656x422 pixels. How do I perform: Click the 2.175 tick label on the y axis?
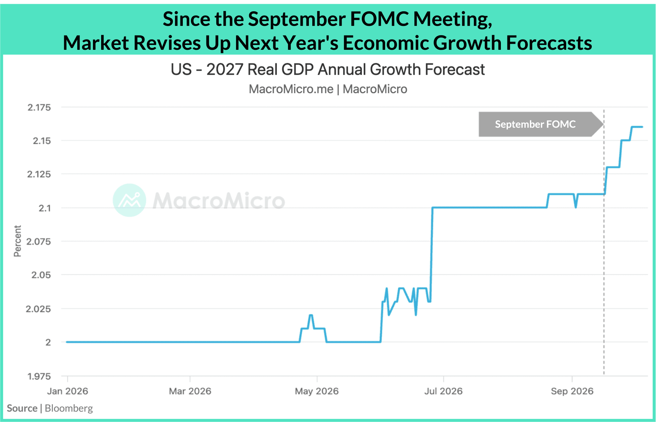[39, 107]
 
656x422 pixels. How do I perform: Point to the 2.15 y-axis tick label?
[42, 141]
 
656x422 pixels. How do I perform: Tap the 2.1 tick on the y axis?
[44, 208]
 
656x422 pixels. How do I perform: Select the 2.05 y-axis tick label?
[41, 275]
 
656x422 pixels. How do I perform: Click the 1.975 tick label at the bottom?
[39, 376]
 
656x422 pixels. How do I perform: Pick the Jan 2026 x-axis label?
[68, 391]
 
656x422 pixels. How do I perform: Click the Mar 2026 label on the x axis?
[190, 391]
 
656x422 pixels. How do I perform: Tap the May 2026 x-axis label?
[317, 391]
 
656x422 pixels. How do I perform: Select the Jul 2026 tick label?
[443, 391]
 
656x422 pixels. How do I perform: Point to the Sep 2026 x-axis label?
[572, 391]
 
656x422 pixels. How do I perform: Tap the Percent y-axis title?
[17, 241]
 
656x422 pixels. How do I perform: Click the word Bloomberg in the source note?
[69, 408]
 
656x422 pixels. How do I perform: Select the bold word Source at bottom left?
[22, 408]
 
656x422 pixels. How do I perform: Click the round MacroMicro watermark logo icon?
[129, 200]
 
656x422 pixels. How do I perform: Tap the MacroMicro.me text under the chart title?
[291, 89]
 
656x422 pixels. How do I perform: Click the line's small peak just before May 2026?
[311, 315]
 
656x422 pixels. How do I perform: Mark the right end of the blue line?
[642, 127]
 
